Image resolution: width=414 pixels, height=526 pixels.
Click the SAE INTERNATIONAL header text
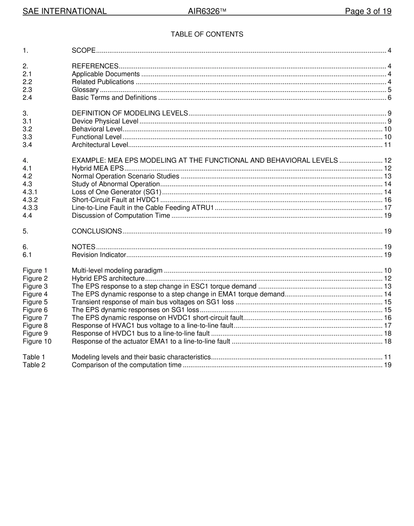(64, 11)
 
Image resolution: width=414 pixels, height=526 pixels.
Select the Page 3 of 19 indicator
(368, 11)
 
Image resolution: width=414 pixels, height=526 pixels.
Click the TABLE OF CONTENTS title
(207, 34)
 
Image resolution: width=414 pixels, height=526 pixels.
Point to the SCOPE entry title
(84, 51)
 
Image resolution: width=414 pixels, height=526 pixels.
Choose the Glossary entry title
(85, 90)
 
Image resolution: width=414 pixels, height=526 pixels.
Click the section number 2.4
(27, 98)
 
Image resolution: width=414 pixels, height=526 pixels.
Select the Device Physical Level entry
(105, 121)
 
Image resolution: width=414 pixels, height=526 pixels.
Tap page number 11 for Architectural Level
(387, 145)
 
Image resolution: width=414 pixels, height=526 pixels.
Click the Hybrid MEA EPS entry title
(98, 168)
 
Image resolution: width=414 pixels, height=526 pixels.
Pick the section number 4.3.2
(30, 200)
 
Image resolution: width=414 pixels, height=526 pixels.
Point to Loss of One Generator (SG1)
(116, 192)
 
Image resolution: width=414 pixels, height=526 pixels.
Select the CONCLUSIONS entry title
(97, 231)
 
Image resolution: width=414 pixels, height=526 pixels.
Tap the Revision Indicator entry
(99, 255)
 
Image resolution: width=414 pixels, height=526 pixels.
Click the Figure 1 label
(35, 270)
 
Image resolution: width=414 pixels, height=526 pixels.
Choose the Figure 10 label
(37, 341)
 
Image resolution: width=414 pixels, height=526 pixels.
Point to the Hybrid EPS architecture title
(108, 278)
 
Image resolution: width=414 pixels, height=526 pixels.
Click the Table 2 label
(34, 365)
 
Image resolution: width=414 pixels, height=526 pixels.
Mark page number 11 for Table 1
(387, 357)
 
